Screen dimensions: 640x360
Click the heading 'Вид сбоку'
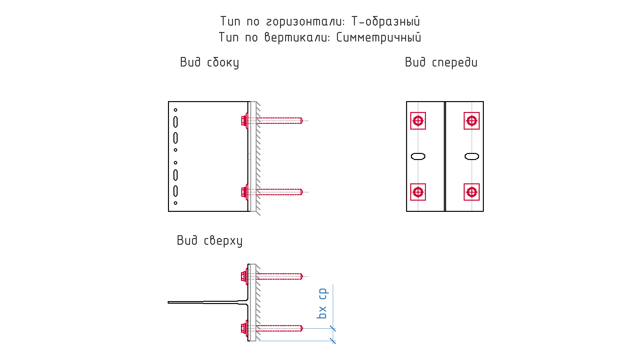209,62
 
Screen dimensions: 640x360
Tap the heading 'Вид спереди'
441,62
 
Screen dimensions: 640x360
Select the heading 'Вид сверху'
210,241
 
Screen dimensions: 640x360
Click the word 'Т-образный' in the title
386,21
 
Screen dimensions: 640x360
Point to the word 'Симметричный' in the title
379,37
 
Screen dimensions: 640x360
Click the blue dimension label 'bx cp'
322,303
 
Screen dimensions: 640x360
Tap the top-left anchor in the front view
418,121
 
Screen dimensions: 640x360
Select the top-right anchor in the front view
472,121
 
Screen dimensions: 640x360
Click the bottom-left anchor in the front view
418,192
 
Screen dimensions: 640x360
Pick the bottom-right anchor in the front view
472,192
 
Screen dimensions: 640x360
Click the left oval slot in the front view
418,156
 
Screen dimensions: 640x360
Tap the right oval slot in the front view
472,156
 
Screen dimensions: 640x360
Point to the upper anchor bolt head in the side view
244,121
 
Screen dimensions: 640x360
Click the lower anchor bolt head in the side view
244,192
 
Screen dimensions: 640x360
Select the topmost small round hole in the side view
175,110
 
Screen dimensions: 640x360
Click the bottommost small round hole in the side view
175,203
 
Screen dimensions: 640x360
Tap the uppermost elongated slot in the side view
175,122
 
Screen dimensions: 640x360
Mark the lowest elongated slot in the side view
175,191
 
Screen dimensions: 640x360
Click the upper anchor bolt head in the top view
244,276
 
